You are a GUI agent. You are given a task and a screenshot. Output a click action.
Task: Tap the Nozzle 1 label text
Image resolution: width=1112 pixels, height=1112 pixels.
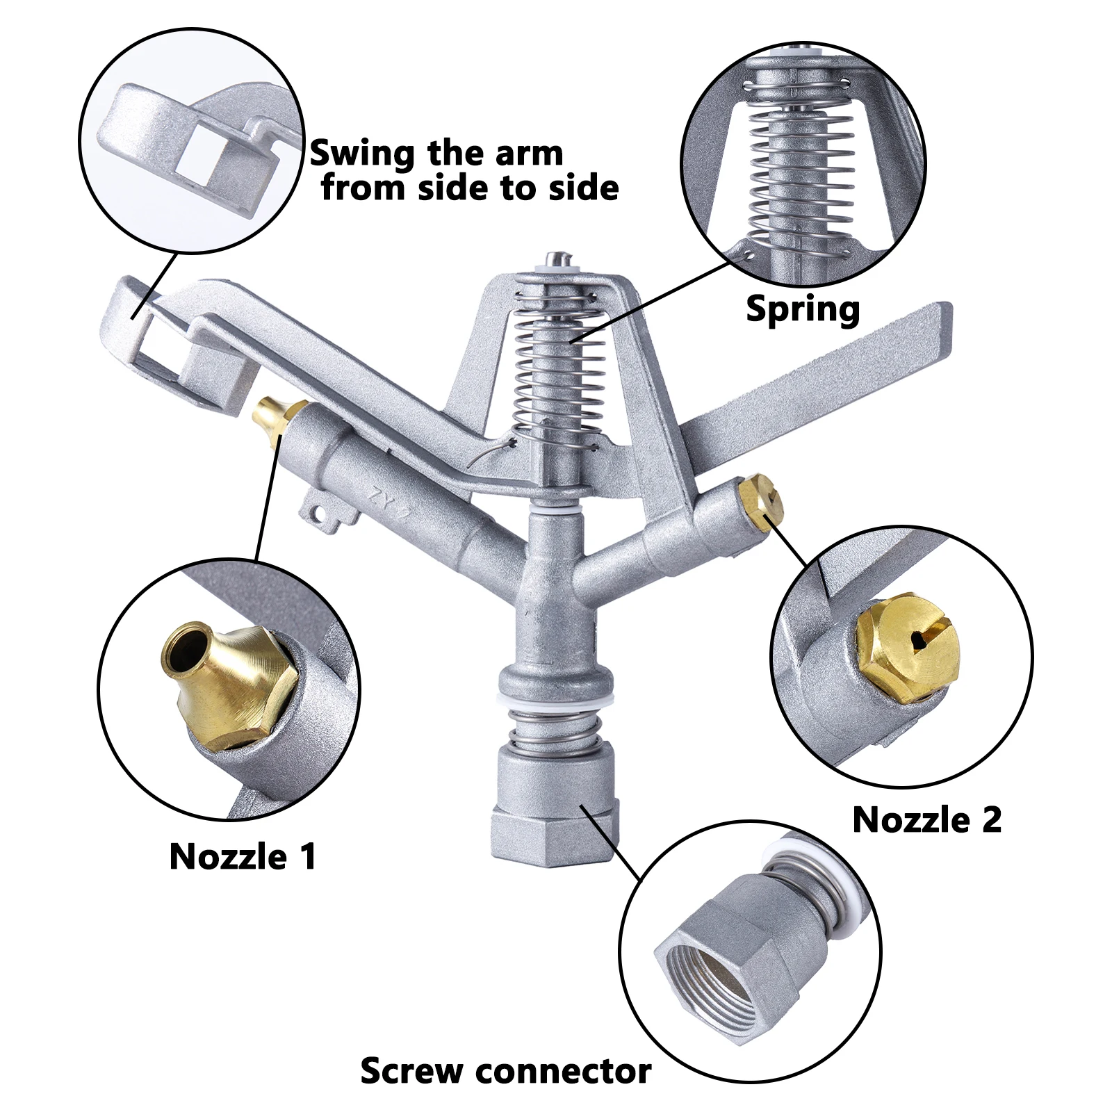[243, 856]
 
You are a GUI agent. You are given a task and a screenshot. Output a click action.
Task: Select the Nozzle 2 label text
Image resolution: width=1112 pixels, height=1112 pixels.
[926, 819]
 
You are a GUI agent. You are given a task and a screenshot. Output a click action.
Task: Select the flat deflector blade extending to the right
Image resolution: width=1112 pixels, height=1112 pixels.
[820, 389]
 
